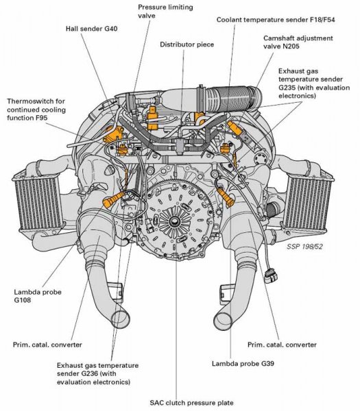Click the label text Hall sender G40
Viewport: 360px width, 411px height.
[x=92, y=28]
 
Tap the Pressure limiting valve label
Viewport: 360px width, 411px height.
[x=165, y=11]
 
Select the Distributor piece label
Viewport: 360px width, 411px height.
[x=187, y=45]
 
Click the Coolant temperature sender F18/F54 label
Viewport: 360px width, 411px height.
[x=276, y=20]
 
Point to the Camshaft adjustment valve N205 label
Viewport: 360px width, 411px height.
[x=298, y=42]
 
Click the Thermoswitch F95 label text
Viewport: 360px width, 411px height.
[x=36, y=110]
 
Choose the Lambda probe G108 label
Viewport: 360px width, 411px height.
[x=38, y=296]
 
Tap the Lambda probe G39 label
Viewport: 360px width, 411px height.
[x=243, y=364]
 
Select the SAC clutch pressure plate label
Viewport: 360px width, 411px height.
[x=191, y=403]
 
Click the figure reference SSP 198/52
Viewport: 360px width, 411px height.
[x=304, y=247]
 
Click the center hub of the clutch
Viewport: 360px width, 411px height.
[x=173, y=221]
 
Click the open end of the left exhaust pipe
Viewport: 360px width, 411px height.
[x=121, y=319]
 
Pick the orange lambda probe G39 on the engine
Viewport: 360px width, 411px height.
[x=226, y=197]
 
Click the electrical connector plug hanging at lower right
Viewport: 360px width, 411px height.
[x=270, y=276]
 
